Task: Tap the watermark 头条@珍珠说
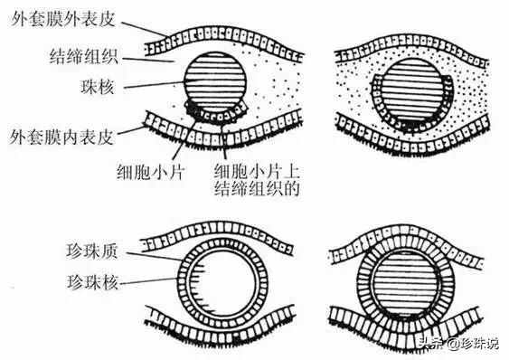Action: pyautogui.click(x=457, y=343)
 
